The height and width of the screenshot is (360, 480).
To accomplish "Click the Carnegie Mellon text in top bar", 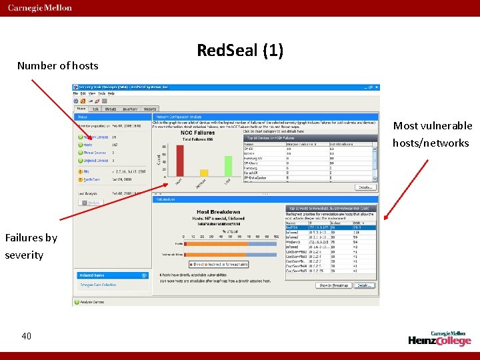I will click(40, 8).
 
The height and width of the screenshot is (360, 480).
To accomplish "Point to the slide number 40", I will click(26, 336).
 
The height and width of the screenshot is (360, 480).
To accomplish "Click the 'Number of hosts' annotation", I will click(57, 65).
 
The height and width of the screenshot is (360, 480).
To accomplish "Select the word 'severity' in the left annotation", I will click(24, 255).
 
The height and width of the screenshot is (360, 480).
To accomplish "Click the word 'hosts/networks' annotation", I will click(430, 143).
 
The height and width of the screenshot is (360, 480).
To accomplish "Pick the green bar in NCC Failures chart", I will click(228, 166).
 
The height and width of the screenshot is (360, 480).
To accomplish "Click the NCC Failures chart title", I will click(197, 132).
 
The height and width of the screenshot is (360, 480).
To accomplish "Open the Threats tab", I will click(111, 109).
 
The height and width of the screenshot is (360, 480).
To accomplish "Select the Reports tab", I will click(150, 109).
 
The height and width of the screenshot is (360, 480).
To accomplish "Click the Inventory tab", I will click(130, 109).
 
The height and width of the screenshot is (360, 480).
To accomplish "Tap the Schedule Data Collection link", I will click(99, 285).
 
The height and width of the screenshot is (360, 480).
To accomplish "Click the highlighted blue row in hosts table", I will click(331, 227).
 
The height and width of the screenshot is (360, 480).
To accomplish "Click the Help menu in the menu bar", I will click(111, 93).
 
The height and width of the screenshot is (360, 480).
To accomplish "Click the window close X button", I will click(377, 87).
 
